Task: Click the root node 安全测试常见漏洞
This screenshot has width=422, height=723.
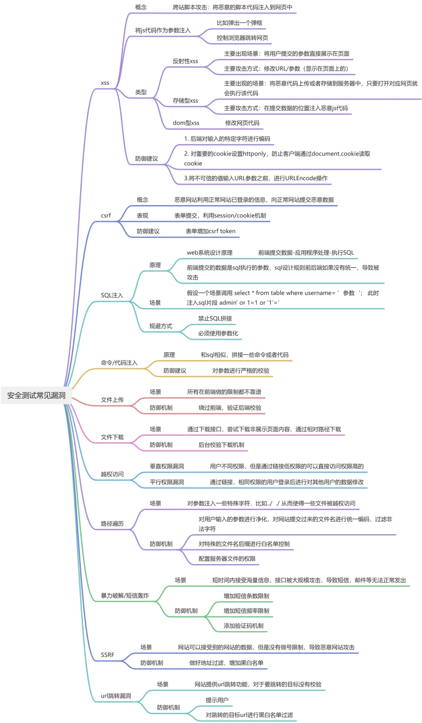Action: point(36,395)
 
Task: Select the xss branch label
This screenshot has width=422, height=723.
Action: point(105,83)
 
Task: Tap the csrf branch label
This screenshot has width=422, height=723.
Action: point(105,216)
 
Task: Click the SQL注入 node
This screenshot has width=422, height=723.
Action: point(112,295)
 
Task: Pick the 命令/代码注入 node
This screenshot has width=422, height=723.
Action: point(119,362)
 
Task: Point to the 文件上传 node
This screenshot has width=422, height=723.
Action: point(112,400)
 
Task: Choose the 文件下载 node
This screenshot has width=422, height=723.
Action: point(112,437)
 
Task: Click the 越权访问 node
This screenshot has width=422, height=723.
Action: point(112,474)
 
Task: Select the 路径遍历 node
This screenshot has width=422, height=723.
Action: point(112,524)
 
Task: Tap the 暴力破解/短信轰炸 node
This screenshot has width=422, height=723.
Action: point(125,596)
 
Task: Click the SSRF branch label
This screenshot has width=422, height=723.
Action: point(107,655)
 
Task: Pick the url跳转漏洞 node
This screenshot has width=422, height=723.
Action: point(116,696)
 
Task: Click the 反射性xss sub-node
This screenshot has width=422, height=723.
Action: point(185,61)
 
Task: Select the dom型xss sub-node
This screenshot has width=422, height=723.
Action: point(186,123)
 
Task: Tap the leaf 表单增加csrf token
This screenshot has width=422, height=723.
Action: point(210,231)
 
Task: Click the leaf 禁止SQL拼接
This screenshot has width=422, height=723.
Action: point(215,318)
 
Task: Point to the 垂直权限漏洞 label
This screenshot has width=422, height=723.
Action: point(167,466)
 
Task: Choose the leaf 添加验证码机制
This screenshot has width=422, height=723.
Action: point(243,626)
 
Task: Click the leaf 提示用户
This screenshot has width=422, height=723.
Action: point(217,700)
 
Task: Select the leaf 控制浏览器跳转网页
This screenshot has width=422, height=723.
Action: point(242,38)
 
